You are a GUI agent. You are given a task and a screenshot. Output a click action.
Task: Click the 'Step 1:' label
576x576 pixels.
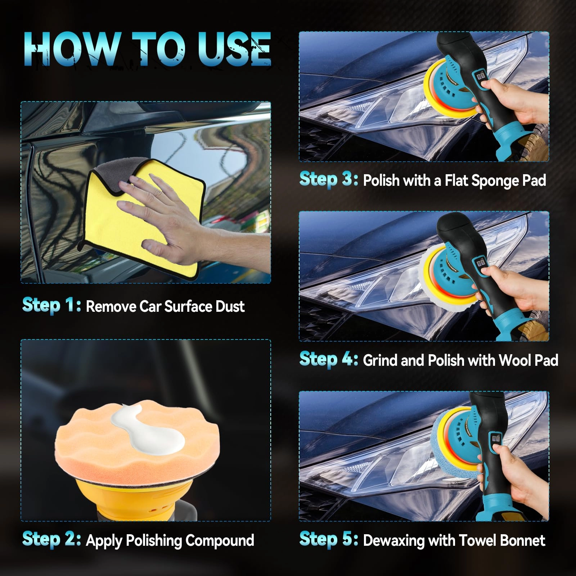(x=51, y=305)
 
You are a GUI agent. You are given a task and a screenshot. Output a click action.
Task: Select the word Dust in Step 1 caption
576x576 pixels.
(x=230, y=307)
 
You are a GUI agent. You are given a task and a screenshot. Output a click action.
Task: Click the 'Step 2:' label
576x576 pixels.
(x=51, y=539)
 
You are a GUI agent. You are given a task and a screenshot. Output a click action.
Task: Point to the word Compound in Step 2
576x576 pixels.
(x=220, y=541)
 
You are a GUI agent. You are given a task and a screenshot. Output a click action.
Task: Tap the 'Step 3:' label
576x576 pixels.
(x=329, y=179)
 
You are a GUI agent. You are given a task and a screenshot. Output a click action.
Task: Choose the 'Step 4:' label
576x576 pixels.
(x=329, y=359)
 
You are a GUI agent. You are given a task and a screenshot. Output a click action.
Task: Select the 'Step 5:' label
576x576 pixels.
(x=329, y=539)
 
